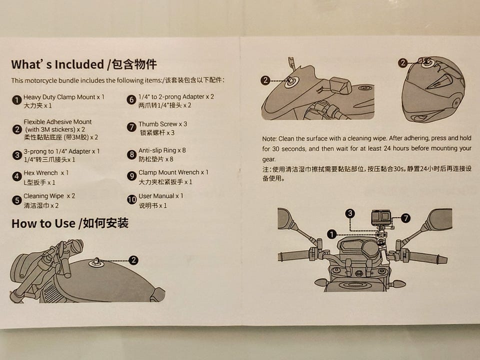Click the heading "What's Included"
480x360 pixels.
[x=58, y=64]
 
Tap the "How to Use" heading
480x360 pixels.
[x=43, y=223]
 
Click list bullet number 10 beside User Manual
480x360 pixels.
[x=131, y=199]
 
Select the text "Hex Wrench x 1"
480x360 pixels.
[x=46, y=173]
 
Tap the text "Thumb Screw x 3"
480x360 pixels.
[x=162, y=124]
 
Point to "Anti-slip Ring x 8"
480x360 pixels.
[x=162, y=150]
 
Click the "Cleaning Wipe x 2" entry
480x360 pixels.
[x=49, y=196]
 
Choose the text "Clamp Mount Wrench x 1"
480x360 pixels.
[x=173, y=172]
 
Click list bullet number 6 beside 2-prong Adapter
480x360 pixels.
[x=131, y=99]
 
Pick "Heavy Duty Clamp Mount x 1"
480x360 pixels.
[x=64, y=97]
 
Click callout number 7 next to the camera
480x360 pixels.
[x=405, y=218]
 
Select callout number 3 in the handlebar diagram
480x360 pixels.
[x=350, y=213]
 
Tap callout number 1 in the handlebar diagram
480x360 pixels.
[x=332, y=234]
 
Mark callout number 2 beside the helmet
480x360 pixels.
[x=403, y=63]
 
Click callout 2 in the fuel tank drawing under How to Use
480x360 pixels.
[x=133, y=260]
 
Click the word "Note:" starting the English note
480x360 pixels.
[x=269, y=138]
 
